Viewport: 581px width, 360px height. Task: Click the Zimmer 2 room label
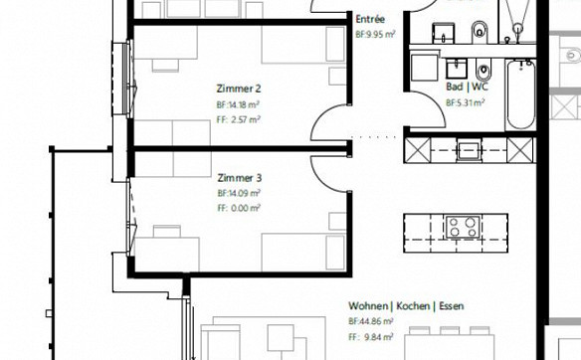click(x=239, y=89)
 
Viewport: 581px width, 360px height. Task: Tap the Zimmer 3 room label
click(x=240, y=178)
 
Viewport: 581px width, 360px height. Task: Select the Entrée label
click(x=370, y=19)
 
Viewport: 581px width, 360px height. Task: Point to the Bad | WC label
click(x=468, y=87)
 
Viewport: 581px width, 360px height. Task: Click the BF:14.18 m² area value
click(x=238, y=104)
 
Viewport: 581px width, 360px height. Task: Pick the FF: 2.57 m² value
click(x=238, y=119)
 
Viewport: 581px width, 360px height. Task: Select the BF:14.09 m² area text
click(x=239, y=193)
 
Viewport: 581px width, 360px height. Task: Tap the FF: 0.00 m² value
click(x=239, y=208)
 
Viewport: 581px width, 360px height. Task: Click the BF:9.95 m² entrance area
click(x=375, y=35)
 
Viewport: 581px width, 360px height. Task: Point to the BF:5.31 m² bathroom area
click(x=466, y=102)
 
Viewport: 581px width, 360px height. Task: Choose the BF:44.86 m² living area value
click(x=370, y=321)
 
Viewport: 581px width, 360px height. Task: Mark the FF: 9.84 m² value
click(x=370, y=337)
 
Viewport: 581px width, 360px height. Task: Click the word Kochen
click(x=413, y=306)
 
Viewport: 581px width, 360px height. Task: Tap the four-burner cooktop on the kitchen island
click(x=463, y=227)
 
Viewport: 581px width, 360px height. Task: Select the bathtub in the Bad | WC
click(x=520, y=94)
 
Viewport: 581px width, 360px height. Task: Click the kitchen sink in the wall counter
click(x=470, y=150)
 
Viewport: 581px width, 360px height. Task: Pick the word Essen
click(x=452, y=306)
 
